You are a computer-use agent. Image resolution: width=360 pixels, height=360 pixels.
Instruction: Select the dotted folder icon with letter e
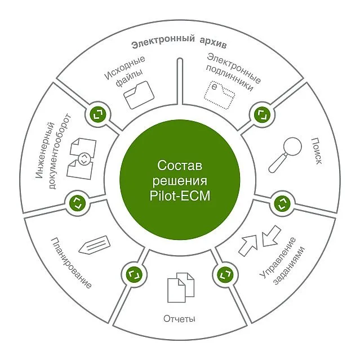[220, 95]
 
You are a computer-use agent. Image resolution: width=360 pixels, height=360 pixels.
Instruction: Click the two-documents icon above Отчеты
[180, 287]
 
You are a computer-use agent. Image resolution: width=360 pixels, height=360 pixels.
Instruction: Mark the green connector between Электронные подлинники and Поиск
[261, 114]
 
